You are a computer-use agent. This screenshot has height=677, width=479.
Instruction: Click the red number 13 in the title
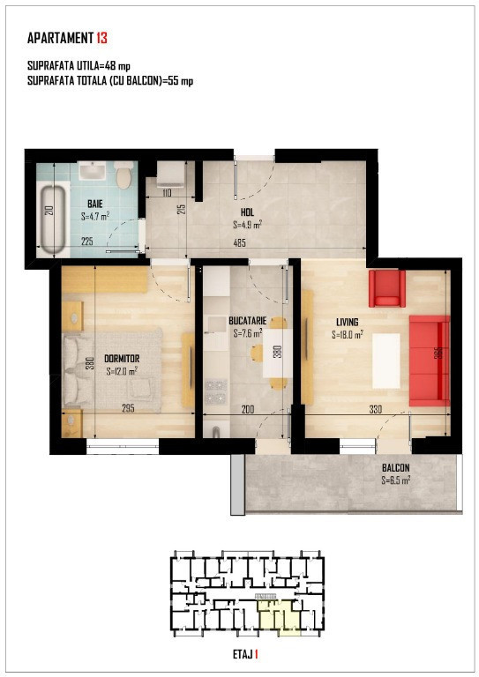point(101,38)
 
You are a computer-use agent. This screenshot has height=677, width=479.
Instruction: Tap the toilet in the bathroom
point(124,175)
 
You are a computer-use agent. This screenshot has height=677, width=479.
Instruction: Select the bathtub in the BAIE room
point(53,219)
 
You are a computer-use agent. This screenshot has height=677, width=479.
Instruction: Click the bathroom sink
point(92,171)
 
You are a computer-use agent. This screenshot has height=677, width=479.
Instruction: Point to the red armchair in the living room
point(387,288)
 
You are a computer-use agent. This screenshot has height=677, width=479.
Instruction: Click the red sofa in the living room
point(430,361)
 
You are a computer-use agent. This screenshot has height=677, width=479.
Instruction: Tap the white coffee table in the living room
point(386,361)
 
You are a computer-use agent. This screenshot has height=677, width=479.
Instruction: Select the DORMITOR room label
point(122,359)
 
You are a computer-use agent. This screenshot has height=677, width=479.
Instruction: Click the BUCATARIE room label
point(248,321)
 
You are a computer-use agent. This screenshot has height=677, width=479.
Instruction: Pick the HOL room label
point(248,212)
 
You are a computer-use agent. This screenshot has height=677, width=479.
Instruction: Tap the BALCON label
point(396,467)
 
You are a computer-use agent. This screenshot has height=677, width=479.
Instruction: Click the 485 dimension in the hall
point(239,243)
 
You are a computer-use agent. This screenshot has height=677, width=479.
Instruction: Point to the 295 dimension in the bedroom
point(128,408)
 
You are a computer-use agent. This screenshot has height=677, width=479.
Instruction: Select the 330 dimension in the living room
point(375,409)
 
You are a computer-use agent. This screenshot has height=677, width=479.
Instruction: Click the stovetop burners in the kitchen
point(215,391)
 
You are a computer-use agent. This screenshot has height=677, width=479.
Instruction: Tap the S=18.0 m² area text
point(348,335)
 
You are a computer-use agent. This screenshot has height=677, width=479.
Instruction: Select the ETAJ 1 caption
point(245,655)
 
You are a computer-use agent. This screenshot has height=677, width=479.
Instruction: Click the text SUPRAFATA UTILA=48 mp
point(79,66)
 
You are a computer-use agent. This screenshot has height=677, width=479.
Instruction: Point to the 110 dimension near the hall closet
point(167,193)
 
